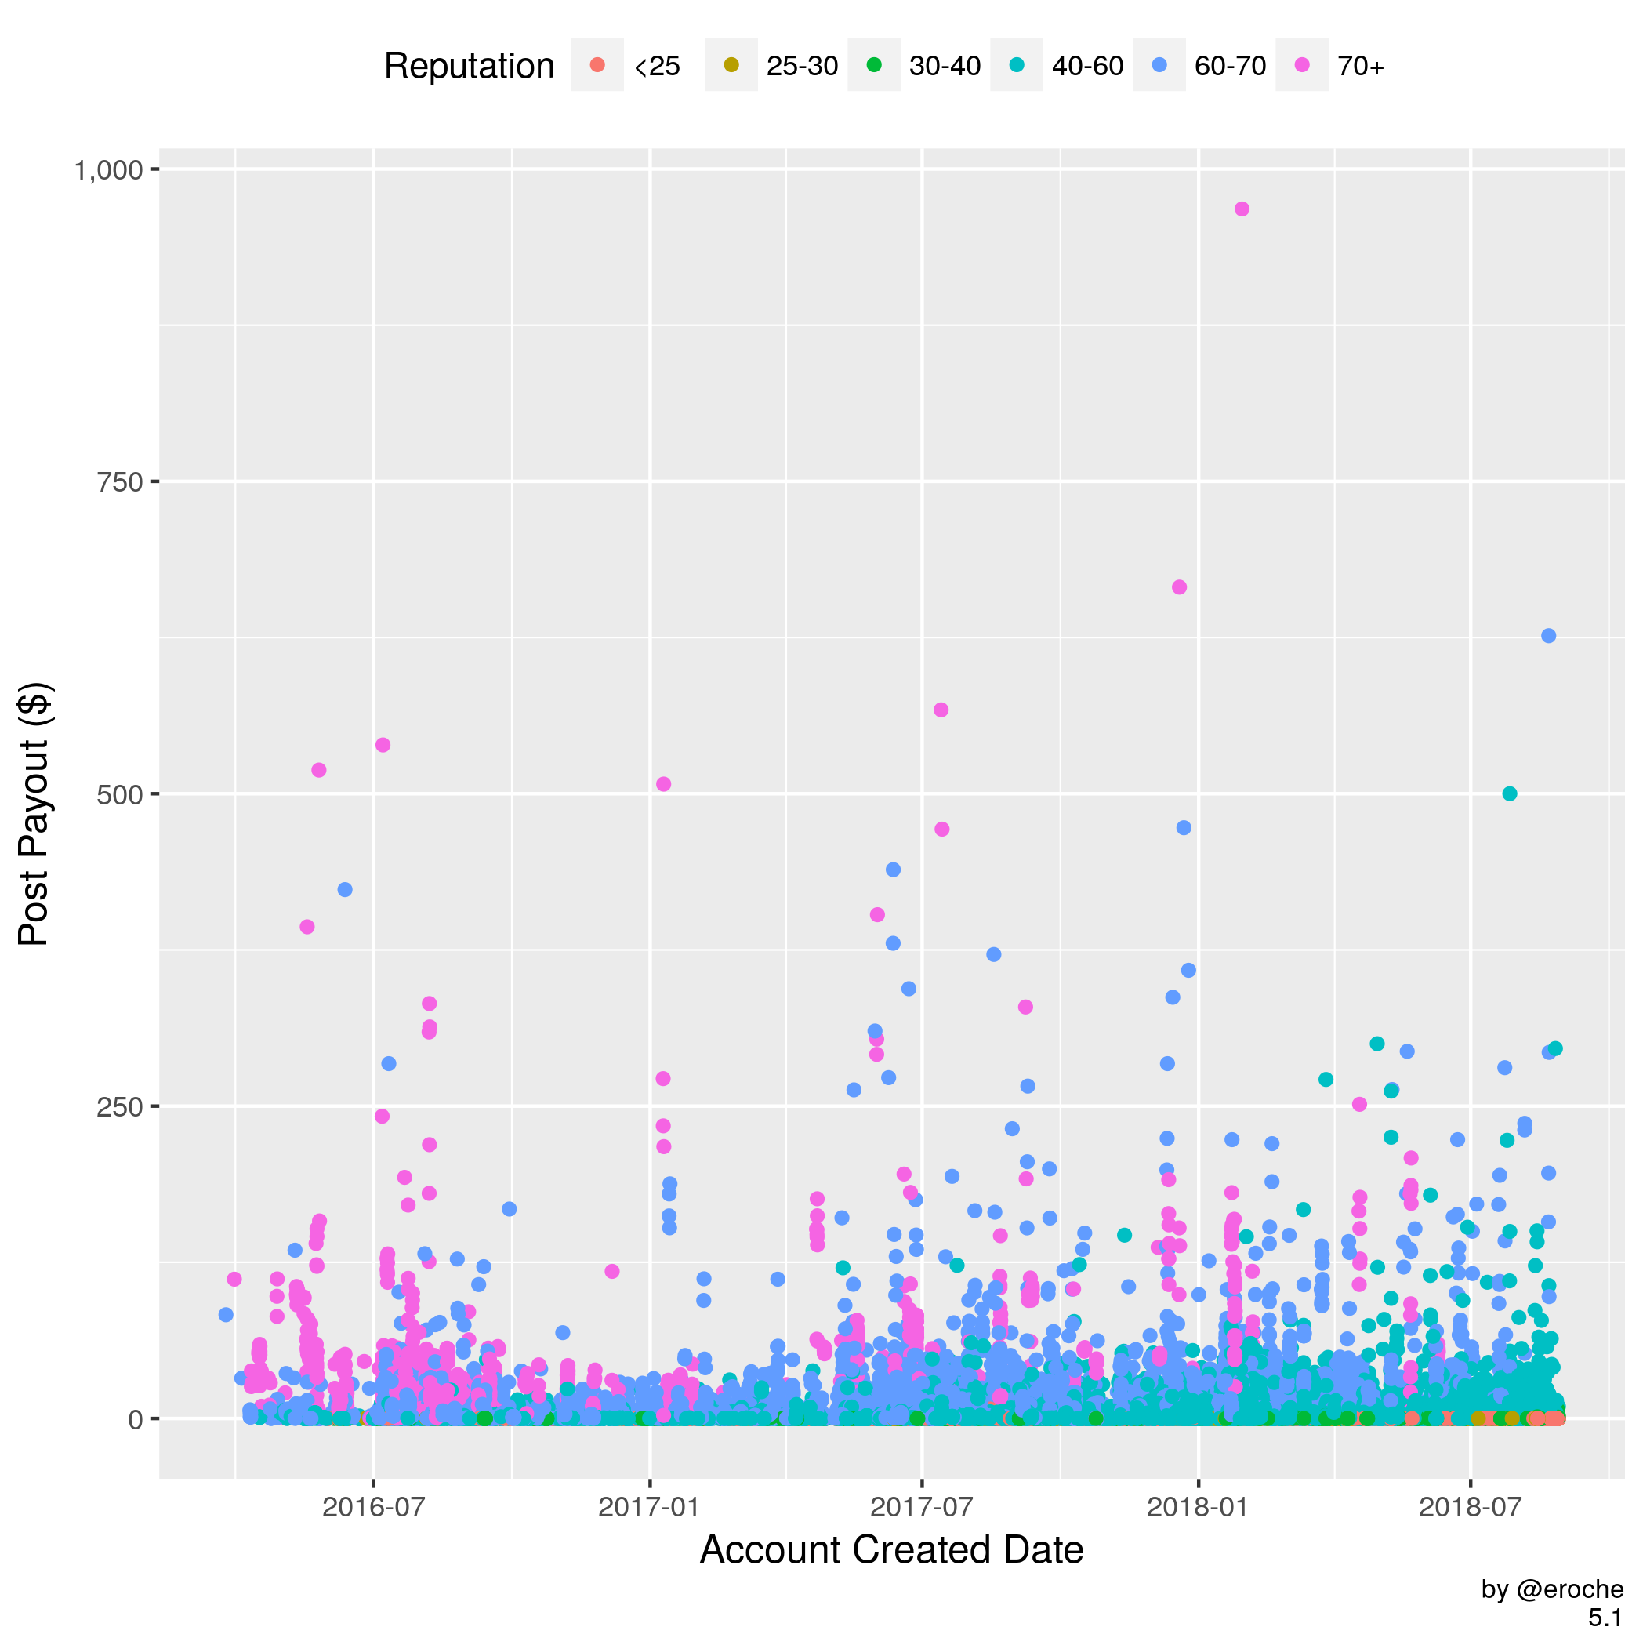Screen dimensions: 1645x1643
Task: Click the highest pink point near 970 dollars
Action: click(x=1241, y=209)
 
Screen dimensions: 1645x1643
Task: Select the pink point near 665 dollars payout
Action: click(x=1179, y=587)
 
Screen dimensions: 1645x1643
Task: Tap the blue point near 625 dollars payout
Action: click(x=1548, y=636)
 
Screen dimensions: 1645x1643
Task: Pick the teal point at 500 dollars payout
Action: click(x=1509, y=793)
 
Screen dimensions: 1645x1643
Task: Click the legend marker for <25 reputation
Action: click(x=597, y=66)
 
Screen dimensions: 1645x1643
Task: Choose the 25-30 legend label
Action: click(x=802, y=67)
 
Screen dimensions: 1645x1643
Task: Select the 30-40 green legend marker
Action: click(x=874, y=66)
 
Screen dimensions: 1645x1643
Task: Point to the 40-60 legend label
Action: click(x=1087, y=67)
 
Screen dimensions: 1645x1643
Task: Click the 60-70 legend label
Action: click(x=1230, y=67)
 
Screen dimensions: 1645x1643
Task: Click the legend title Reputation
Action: click(x=469, y=67)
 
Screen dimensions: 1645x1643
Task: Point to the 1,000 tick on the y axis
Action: click(x=108, y=171)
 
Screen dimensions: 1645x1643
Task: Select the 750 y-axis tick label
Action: click(x=118, y=483)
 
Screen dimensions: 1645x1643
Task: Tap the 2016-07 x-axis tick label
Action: click(x=374, y=1507)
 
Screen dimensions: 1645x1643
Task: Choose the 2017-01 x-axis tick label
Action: click(x=649, y=1507)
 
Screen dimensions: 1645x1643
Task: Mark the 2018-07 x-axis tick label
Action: click(x=1471, y=1507)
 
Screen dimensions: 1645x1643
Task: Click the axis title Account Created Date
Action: click(x=891, y=1549)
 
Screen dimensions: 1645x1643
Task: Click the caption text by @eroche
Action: click(x=1552, y=1589)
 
